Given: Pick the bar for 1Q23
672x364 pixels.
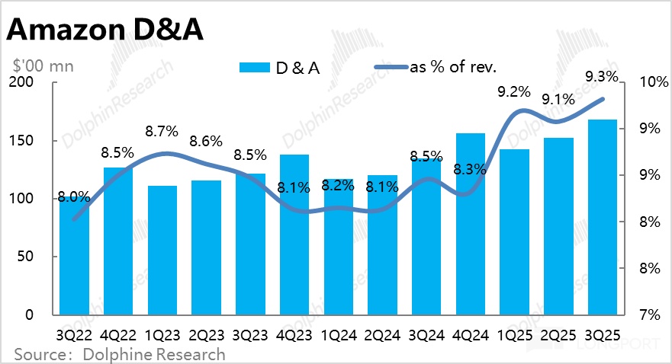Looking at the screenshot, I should (162, 251).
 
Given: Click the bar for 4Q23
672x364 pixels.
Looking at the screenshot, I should (294, 236).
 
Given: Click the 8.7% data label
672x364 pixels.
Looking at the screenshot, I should (162, 131).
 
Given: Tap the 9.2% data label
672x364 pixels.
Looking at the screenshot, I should (512, 91).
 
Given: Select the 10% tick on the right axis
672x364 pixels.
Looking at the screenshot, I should (643, 82).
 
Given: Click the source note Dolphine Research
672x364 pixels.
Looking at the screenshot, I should (119, 354).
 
